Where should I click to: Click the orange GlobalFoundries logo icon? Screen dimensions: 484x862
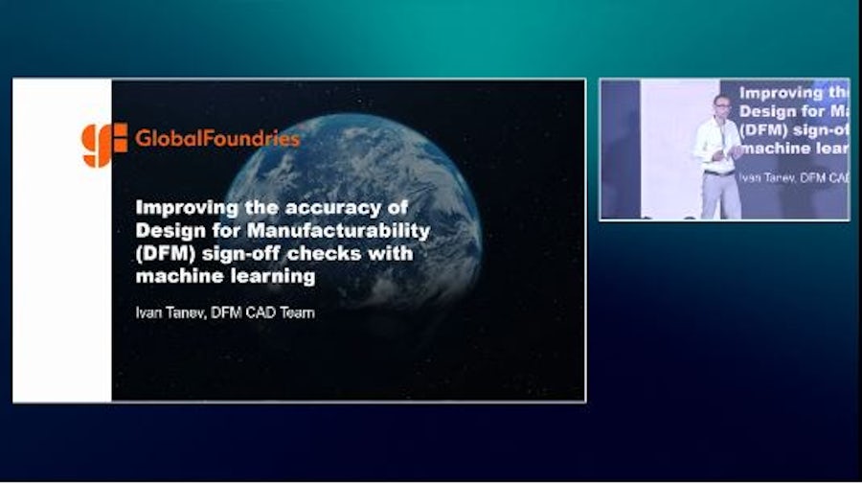coord(103,145)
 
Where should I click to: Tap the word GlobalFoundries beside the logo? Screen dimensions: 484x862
coord(217,139)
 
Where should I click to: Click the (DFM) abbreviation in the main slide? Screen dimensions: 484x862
coord(166,254)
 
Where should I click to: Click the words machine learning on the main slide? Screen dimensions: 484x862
coord(225,277)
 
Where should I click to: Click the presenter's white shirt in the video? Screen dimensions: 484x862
coord(716,144)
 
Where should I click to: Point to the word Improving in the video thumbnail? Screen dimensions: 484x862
coord(782,94)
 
